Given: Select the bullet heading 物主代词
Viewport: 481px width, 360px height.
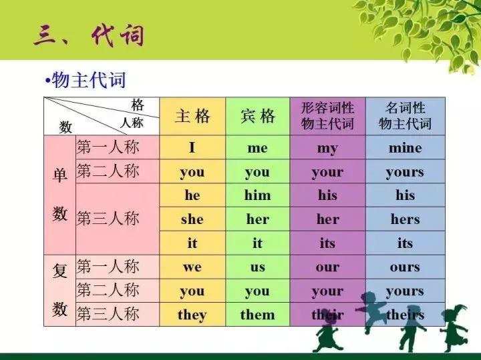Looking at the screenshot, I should click(x=88, y=81).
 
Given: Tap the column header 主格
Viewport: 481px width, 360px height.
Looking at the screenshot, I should click(x=192, y=117).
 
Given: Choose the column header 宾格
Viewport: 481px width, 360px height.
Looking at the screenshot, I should click(x=257, y=117).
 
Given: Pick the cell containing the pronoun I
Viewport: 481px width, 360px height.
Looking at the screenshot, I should click(x=192, y=148).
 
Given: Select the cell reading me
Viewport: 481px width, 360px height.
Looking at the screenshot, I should click(x=257, y=148).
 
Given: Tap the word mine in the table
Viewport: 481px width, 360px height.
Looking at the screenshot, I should click(x=405, y=148).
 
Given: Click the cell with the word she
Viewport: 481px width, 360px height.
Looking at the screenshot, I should click(x=192, y=219).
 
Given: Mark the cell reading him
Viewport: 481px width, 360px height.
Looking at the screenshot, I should click(x=257, y=195).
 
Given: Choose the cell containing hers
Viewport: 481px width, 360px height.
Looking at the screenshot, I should click(x=405, y=219).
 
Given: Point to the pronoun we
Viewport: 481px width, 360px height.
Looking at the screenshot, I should click(x=192, y=267).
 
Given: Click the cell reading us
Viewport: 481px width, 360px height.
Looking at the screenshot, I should click(x=257, y=267).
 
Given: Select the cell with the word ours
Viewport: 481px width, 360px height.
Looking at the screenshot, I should click(x=405, y=267).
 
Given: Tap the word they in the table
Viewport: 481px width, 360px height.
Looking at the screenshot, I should click(x=192, y=315).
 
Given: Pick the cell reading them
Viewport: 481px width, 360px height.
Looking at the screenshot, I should click(x=257, y=315).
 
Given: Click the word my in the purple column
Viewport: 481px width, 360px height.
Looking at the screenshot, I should click(x=327, y=148).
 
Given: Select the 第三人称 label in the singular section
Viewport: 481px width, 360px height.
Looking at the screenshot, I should click(x=108, y=219).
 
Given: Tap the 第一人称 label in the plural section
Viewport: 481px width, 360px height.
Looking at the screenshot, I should click(x=108, y=267).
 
